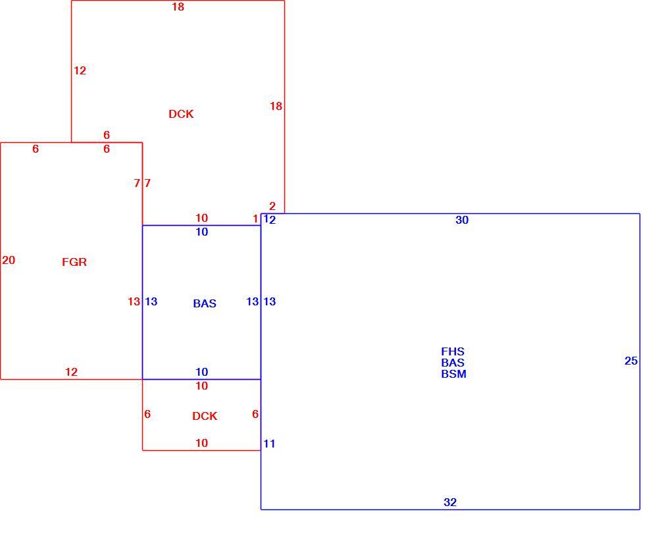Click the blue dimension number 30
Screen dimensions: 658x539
[x=462, y=220]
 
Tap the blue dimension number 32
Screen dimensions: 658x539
[x=450, y=502]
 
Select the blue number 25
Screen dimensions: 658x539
[x=631, y=361]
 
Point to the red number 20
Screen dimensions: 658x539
[x=9, y=260]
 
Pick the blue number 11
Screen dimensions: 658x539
[x=269, y=444]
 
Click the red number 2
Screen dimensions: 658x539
[x=272, y=206]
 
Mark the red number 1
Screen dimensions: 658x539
[x=255, y=218]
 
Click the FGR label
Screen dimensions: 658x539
[x=74, y=262]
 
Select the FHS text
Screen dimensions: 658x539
[x=453, y=351]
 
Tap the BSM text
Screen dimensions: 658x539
[x=453, y=374]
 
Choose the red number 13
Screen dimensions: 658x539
[x=134, y=301]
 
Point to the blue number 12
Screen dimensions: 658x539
[x=269, y=220]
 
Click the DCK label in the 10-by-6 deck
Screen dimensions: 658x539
[x=205, y=416]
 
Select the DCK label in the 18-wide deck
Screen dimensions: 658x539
[x=181, y=114]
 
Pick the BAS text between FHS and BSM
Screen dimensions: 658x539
[x=453, y=362]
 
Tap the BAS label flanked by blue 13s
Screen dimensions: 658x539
[x=205, y=303]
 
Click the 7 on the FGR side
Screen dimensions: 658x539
[x=137, y=183]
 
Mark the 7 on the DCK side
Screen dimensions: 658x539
[x=147, y=183]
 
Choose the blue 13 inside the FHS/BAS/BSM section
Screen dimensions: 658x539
[x=269, y=301]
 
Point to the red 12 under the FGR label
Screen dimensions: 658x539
[x=71, y=372]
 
